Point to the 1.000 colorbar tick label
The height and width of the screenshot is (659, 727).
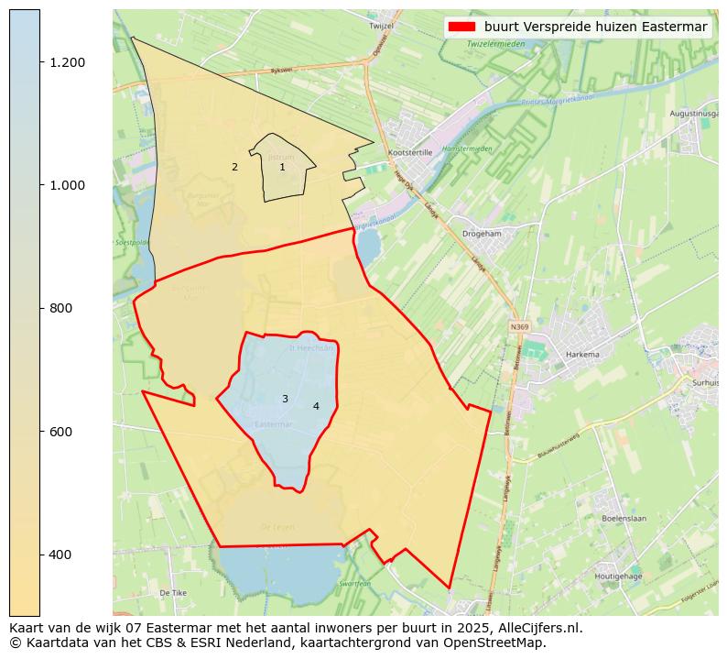pos(66,185)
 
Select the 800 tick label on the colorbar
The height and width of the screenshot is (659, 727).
pos(61,308)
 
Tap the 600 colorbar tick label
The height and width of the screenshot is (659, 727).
pos(61,431)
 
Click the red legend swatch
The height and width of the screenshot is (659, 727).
pos(462,27)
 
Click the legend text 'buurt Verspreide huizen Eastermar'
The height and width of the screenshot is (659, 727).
pos(595,27)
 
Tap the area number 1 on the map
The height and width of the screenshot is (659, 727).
pos(282,167)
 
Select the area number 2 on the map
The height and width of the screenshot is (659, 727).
pos(234,167)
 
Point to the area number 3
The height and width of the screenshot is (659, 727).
pos(285,399)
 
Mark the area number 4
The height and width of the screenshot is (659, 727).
pos(316,406)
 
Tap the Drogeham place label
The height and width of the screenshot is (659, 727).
pos(482,234)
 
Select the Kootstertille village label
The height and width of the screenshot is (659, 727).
pos(410,153)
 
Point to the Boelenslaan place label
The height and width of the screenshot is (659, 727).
pos(624,518)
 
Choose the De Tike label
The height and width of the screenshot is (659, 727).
pos(172,593)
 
